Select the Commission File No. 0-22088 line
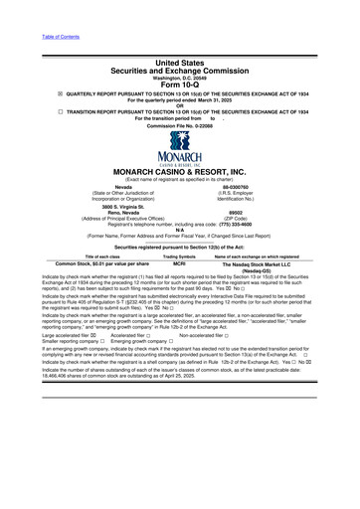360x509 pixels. [179, 129]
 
